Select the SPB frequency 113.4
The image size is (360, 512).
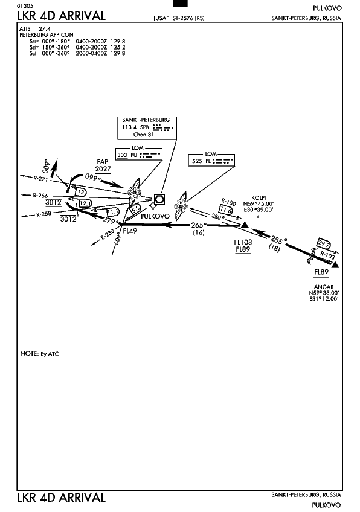[129, 127]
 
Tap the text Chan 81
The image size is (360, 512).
[143, 134]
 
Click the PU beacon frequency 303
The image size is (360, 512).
[122, 155]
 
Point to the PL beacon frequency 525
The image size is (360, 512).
[197, 161]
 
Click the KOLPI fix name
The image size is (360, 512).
[259, 198]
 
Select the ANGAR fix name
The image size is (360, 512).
[324, 287]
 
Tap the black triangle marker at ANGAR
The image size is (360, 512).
[335, 265]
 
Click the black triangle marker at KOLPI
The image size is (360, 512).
[245, 225]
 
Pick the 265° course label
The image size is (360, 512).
[199, 225]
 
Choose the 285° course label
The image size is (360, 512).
[278, 240]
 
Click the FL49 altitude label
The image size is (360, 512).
[130, 231]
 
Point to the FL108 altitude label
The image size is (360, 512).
[243, 242]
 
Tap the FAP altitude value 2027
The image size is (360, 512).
[103, 169]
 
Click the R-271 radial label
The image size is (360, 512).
[41, 178]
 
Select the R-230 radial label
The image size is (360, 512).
[108, 234]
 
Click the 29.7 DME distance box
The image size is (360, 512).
[324, 243]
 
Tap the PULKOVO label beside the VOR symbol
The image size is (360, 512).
[155, 216]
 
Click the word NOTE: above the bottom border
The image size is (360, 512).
[30, 354]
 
